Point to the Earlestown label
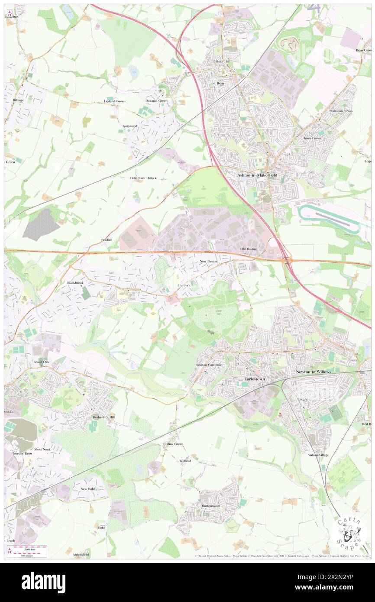[x=252, y=379]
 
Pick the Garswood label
[x=130, y=126]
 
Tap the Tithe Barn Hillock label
[x=143, y=178]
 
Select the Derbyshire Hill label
[x=104, y=417]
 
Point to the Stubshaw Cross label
[x=341, y=111]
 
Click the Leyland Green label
[x=115, y=101]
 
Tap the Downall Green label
[x=156, y=101]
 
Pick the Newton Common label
[x=209, y=365]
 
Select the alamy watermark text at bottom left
[x=43, y=583]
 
